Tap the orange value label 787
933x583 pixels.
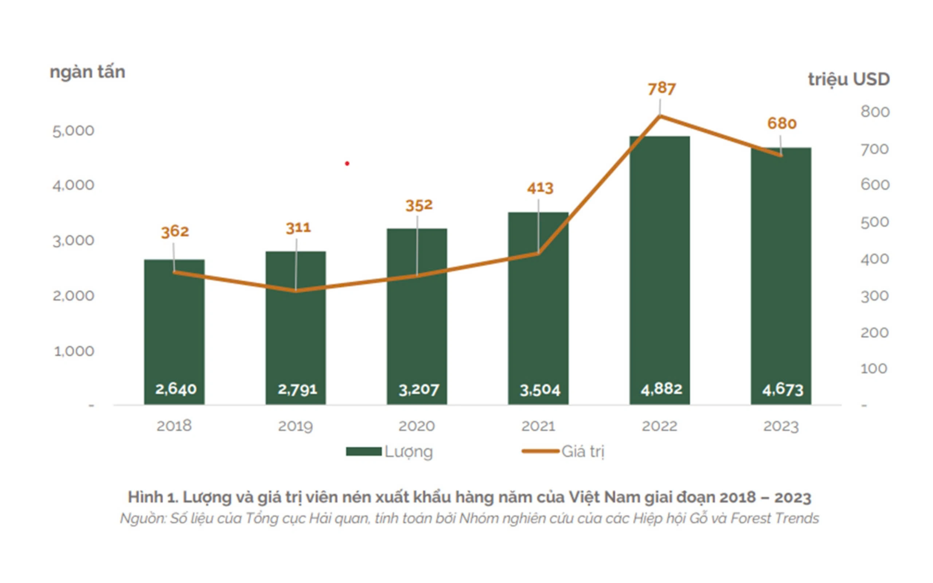click(661, 89)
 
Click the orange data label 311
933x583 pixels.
click(298, 228)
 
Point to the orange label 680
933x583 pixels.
click(781, 124)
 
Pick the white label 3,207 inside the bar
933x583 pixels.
click(418, 390)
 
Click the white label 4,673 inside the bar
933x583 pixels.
click(782, 390)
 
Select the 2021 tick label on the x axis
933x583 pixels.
click(538, 426)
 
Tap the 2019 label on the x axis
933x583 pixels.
click(295, 426)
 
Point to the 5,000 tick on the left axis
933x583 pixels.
click(73, 131)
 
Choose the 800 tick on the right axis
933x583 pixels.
click(875, 112)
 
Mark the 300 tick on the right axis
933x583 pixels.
click(874, 296)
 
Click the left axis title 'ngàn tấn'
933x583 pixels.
click(87, 73)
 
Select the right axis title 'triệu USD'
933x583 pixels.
click(848, 79)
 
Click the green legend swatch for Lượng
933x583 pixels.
click(364, 451)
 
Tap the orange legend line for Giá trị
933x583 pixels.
click(540, 451)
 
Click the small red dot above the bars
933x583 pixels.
click(347, 164)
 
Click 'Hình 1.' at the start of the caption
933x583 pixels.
click(153, 497)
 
